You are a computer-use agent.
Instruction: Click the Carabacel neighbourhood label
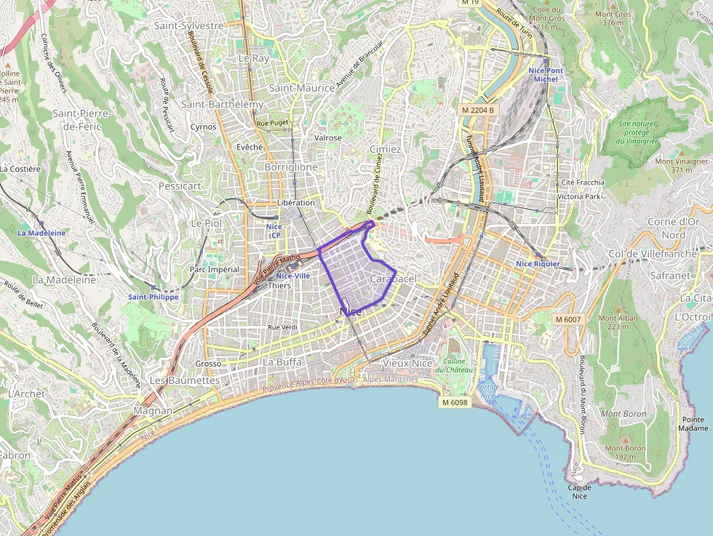(393, 279)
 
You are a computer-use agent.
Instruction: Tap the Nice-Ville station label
(293, 276)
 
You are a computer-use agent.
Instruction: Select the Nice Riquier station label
(538, 263)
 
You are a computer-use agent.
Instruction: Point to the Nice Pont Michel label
(546, 74)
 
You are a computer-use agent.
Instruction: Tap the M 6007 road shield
(567, 319)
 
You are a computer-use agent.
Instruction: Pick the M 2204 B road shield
(478, 110)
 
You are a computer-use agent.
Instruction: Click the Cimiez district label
(385, 149)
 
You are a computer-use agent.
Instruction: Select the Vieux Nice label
(407, 362)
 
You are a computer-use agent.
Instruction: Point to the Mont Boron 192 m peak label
(625, 452)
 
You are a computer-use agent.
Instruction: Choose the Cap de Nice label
(579, 492)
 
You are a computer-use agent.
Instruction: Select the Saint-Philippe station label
(153, 297)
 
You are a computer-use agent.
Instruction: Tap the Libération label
(296, 202)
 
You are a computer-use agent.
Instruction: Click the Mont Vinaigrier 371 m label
(681, 165)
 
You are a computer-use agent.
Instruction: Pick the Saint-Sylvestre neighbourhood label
(188, 25)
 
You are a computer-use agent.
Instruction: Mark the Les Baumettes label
(183, 380)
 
